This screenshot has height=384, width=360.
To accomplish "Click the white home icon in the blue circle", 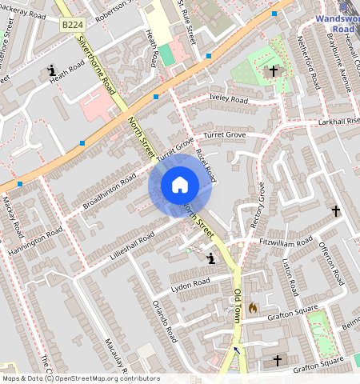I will click(180, 185).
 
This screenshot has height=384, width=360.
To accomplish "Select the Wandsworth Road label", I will click(337, 22).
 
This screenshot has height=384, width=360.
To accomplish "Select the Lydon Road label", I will click(190, 283).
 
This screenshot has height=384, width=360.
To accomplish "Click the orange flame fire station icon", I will click(253, 307).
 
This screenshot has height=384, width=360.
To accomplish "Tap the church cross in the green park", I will click(273, 71).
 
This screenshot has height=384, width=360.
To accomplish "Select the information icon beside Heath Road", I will click(53, 70).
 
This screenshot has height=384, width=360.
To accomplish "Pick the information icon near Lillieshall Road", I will click(211, 258).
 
